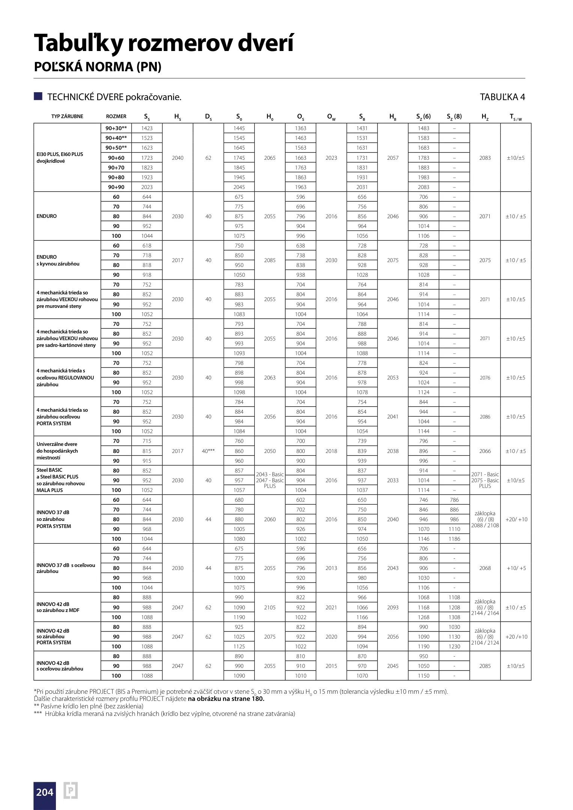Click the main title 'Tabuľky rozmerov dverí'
point(164,43)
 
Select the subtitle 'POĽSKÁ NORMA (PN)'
point(98,67)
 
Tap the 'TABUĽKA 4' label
point(502,97)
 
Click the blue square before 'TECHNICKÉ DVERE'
point(38,96)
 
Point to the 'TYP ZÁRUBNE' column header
point(67,116)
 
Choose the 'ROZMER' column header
point(116,116)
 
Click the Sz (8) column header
point(454,116)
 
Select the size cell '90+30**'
point(116,128)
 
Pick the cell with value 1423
point(147,128)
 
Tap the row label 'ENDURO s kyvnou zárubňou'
point(58,260)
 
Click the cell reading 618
point(147,246)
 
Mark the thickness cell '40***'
point(208,451)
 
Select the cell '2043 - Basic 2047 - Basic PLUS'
point(270,480)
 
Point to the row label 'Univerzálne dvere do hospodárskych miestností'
point(57,451)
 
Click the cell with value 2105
point(270,607)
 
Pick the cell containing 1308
point(454,617)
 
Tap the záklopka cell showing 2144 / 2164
point(485,607)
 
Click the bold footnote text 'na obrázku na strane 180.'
point(226,699)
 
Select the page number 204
point(45,792)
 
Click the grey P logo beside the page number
point(71,791)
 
